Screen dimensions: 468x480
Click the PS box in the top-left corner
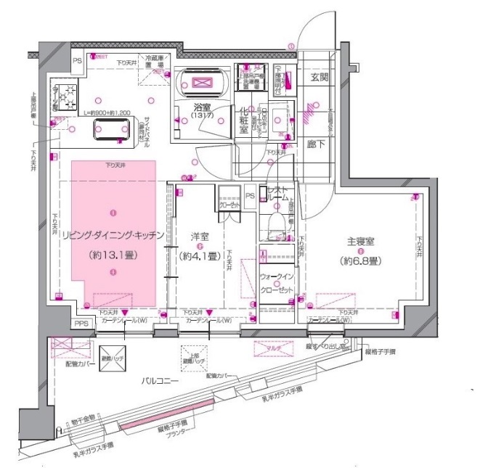point(76,61)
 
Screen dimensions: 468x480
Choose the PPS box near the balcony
point(82,324)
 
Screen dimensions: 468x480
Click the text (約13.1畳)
point(113,255)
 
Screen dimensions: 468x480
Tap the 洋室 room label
point(200,237)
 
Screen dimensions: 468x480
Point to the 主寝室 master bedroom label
point(360,243)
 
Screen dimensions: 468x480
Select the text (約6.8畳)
point(360,260)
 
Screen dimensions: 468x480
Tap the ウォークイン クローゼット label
point(277,283)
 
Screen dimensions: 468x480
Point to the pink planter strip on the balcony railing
point(155,427)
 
